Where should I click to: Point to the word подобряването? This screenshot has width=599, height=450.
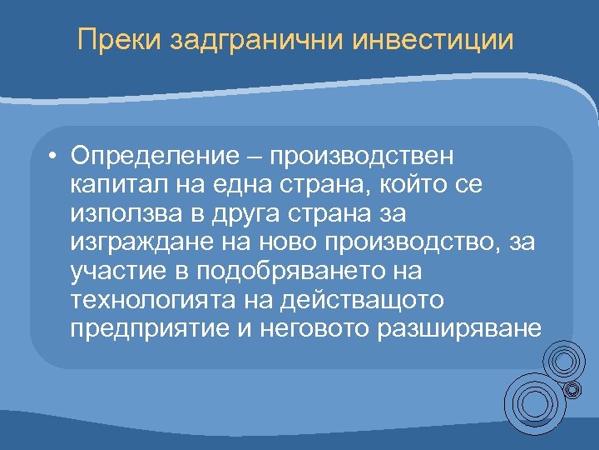tap(275, 272)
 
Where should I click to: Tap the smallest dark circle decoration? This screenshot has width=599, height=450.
tap(572, 388)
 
